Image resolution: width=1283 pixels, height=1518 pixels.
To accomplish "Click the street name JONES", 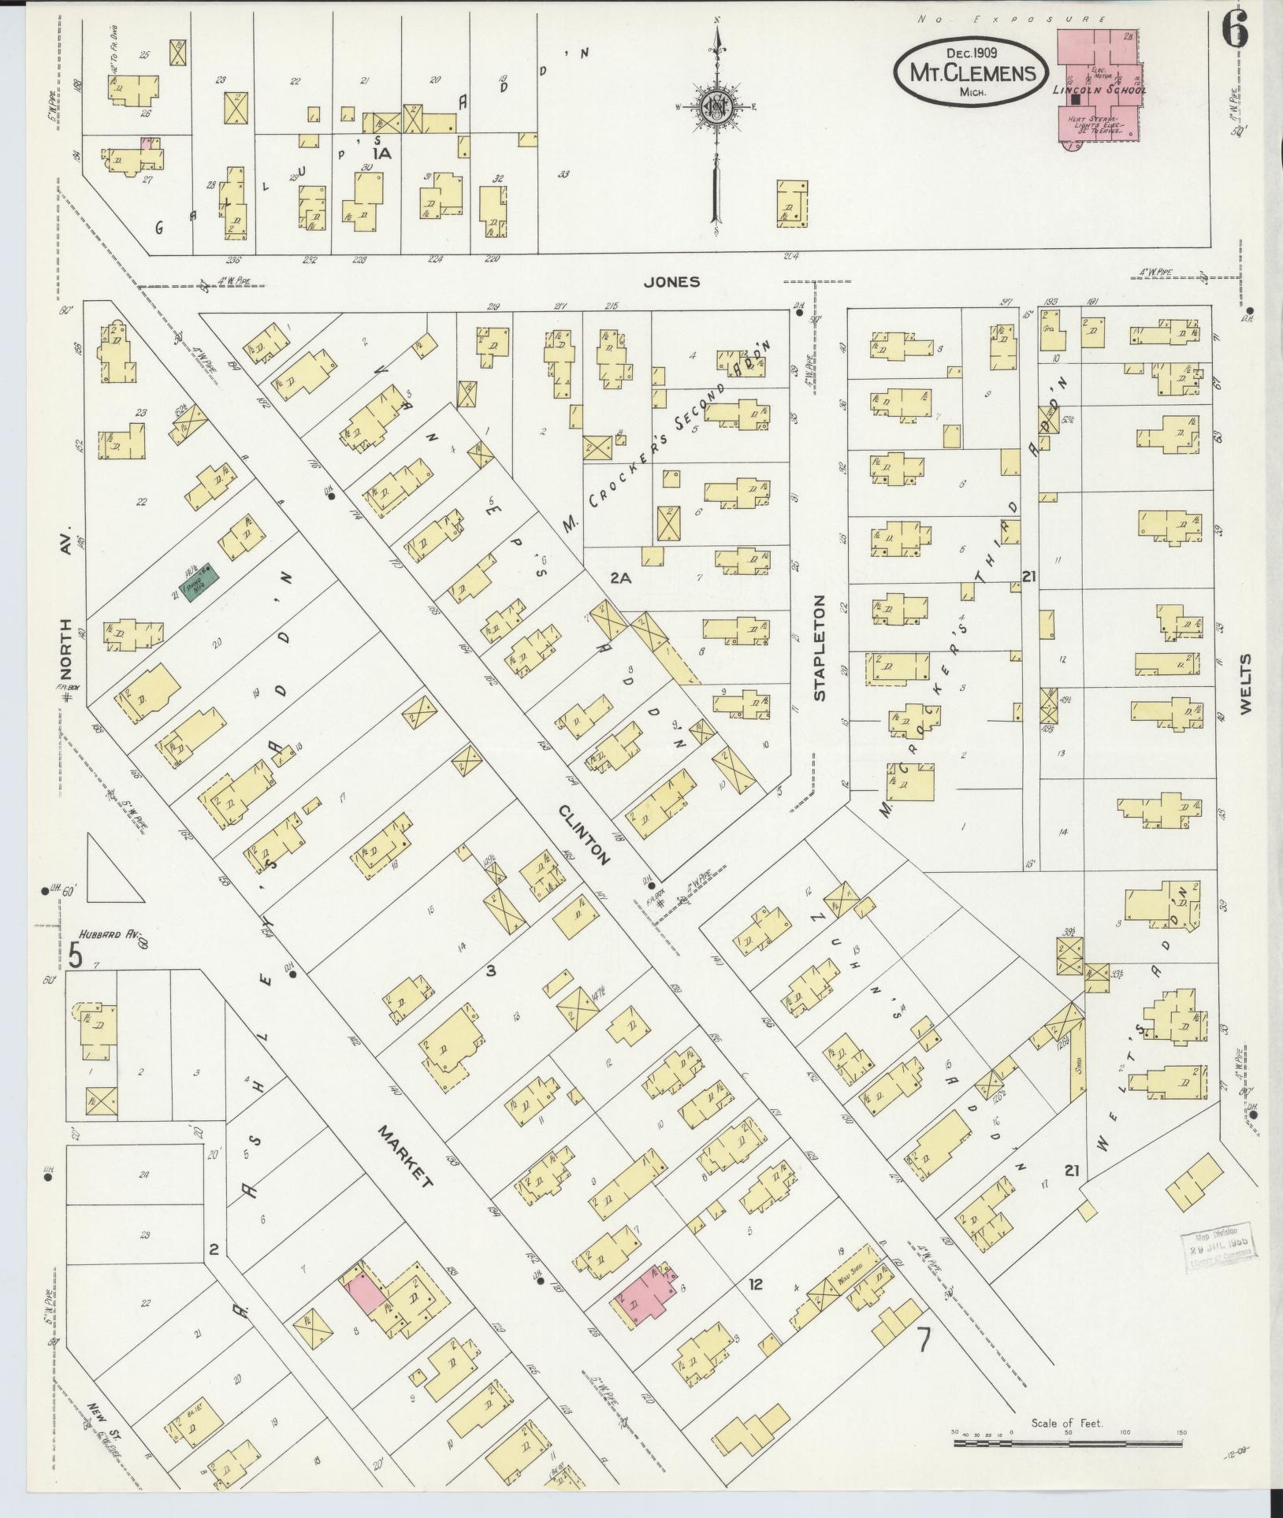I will (671, 282).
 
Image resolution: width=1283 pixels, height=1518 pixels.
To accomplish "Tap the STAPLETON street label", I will (820, 648).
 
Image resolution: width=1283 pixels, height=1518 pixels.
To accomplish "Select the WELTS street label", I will (1245, 684).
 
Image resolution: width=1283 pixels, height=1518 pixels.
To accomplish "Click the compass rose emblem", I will (716, 107).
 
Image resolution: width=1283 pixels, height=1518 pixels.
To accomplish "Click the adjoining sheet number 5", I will (75, 956).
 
